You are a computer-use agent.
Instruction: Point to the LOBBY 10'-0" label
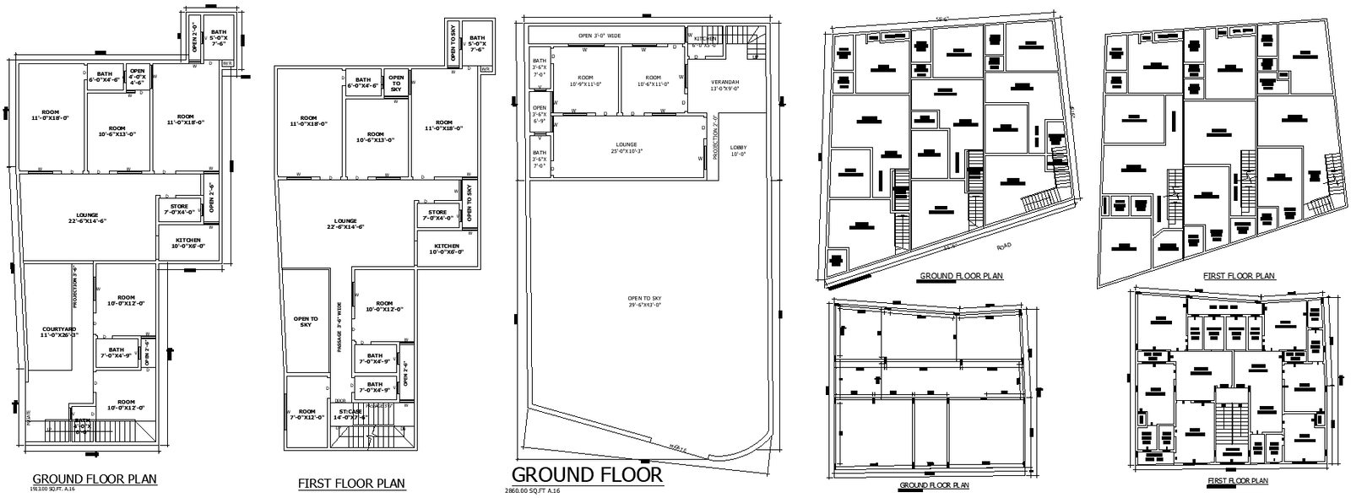point(738,150)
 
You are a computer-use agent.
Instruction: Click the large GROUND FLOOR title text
point(587,474)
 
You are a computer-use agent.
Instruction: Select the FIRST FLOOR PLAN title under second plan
point(351,484)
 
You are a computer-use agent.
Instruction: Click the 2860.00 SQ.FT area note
point(533,490)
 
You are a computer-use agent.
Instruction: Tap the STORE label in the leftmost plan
point(179,208)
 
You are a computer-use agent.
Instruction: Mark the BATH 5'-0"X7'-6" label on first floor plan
point(477,44)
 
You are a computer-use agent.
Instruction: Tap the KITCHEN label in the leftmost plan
point(188,243)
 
